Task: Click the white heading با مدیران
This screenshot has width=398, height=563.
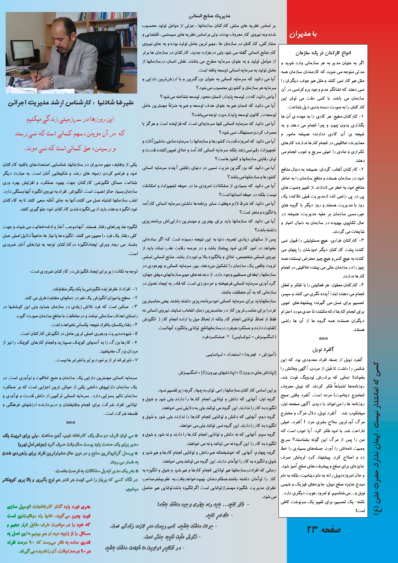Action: point(303,34)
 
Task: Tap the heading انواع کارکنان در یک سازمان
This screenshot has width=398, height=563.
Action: point(323,53)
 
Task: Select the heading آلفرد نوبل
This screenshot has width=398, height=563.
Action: point(323,349)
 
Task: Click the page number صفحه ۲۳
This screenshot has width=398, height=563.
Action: point(323,530)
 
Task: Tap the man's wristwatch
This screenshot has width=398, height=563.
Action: point(51,79)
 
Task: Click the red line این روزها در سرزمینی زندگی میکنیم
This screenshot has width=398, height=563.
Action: point(70,119)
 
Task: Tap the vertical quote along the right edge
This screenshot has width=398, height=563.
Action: point(377,438)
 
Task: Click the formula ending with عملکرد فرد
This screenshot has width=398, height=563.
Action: point(233,337)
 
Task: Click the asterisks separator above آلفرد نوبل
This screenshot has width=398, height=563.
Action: point(323,339)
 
